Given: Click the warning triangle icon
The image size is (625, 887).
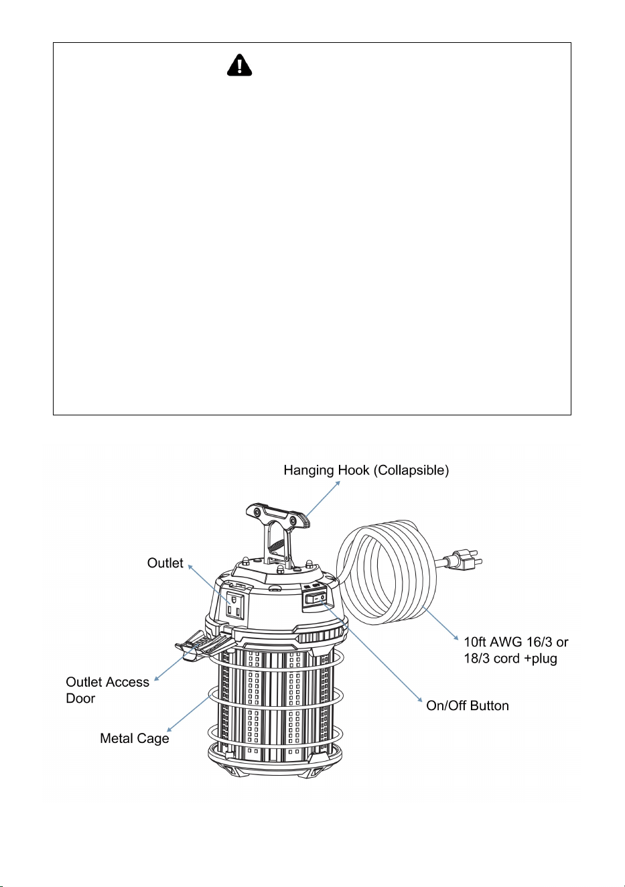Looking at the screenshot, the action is coord(239,65).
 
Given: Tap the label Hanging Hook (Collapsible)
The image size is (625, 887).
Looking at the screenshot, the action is coord(366,470).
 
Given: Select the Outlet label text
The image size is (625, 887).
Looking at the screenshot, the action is coord(165,563).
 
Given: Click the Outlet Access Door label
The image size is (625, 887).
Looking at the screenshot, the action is coord(107,690).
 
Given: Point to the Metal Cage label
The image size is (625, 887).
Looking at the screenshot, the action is coord(134,738).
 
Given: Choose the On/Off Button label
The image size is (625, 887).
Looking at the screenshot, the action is coord(468,705).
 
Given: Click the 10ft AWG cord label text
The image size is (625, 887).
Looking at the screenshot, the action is coord(516,650).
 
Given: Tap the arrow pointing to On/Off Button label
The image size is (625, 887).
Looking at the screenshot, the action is coord(370,651).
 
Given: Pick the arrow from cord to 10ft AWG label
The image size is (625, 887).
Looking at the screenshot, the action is coord(440,622).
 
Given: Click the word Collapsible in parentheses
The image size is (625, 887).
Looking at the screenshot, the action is coord(411,470).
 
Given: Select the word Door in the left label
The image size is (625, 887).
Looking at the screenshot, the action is coord(80,698).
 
